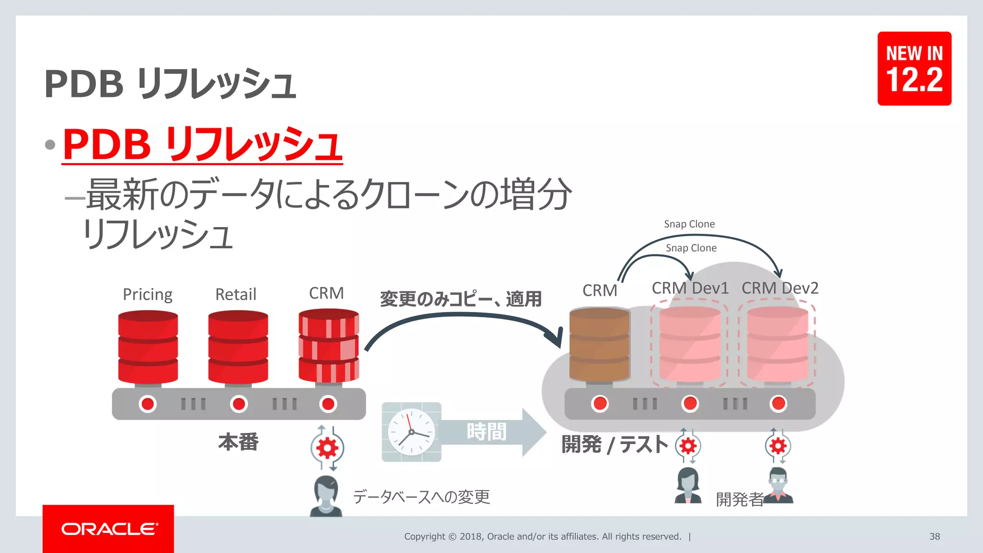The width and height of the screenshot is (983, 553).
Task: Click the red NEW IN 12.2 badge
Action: point(914,69)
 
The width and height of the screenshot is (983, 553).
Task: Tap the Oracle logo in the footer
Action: point(109,529)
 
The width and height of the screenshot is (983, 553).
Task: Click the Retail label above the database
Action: point(236,294)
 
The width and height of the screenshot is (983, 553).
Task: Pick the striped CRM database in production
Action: point(328,346)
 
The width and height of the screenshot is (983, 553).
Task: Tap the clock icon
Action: point(411,432)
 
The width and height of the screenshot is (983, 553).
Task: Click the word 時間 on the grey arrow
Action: point(486,432)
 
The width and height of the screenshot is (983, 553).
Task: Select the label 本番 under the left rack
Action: point(239,442)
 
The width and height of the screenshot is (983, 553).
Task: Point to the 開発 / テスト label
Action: point(614,445)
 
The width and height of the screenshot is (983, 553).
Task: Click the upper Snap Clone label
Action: point(689,224)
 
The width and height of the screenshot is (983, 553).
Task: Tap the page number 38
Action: point(935,536)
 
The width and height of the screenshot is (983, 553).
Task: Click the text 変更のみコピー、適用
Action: point(461,299)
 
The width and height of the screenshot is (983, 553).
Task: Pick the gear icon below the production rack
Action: point(327,448)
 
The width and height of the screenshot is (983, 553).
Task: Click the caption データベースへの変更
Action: point(421,497)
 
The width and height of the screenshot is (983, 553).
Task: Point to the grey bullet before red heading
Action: point(50,144)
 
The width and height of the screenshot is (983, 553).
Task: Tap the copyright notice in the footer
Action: point(542,536)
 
